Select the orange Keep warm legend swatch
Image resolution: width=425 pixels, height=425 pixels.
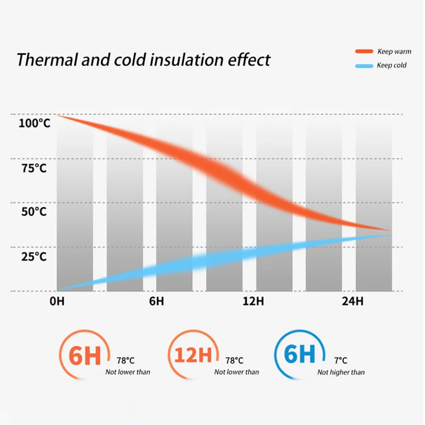364,52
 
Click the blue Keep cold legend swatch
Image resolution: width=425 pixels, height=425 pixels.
364,66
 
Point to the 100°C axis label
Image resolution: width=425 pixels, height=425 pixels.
35,123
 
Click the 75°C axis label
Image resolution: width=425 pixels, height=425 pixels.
34,168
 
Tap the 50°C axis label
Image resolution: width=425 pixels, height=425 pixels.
34,212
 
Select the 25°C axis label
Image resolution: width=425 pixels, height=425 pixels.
34,257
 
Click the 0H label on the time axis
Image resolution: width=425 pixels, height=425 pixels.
57,301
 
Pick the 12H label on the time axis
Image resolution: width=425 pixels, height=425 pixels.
253,301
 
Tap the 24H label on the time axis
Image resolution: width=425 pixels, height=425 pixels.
352,301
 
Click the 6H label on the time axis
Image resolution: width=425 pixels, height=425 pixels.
156,301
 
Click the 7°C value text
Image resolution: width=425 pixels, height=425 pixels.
341,360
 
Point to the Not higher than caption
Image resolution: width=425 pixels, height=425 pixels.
341,372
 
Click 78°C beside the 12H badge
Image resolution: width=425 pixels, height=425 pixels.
234,360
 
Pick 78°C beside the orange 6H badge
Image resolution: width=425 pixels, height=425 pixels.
125,360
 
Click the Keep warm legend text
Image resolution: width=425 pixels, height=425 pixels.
394,52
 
